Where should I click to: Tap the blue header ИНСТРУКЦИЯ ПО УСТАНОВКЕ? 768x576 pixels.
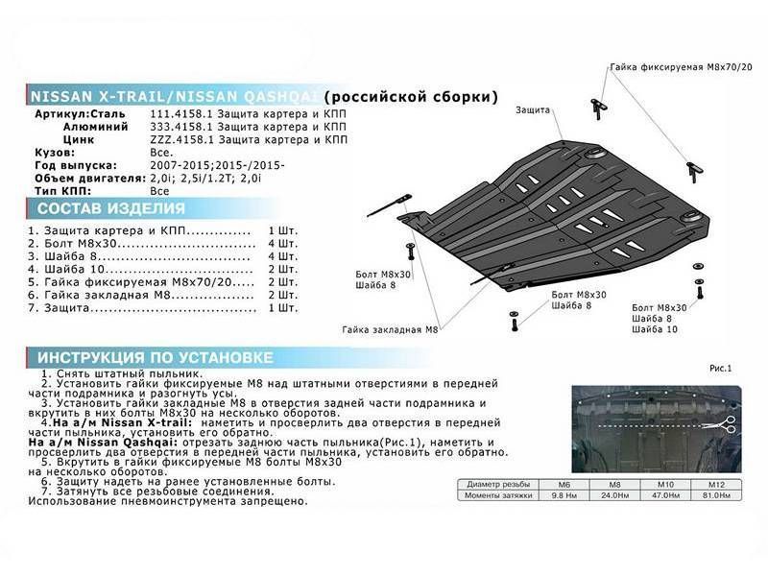149,357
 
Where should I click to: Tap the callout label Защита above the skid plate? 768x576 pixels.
533,109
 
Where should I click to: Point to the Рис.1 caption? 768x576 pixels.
722,368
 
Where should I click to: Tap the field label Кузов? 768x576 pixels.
53,152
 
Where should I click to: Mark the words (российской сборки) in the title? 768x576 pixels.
411,98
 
